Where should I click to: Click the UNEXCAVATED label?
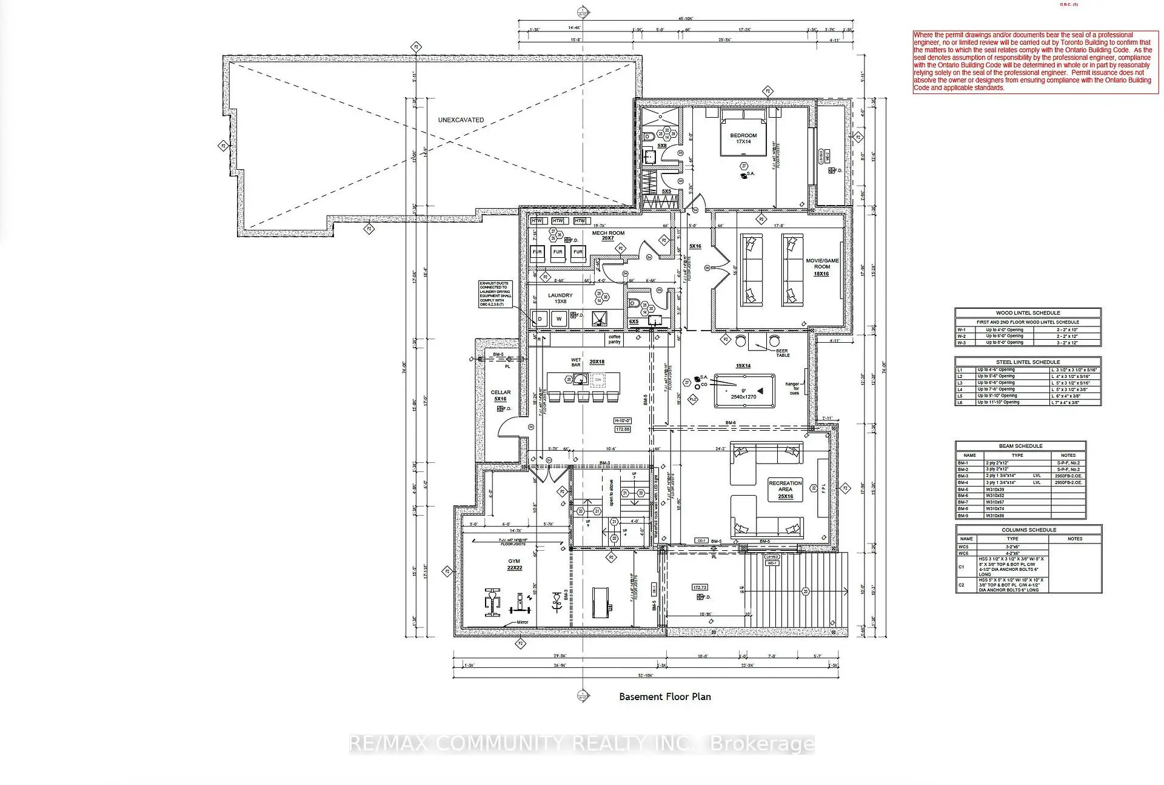click(461, 120)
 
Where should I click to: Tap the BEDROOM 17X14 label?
click(743, 138)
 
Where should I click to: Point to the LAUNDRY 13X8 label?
click(560, 298)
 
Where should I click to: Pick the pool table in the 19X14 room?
click(744, 389)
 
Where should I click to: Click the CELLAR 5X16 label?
click(501, 396)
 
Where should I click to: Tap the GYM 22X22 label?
click(514, 564)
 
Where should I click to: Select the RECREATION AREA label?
click(785, 490)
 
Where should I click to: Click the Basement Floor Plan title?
click(664, 696)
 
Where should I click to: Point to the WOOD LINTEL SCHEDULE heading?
click(1028, 313)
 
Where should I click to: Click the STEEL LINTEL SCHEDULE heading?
click(1028, 362)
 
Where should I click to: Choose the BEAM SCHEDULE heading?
click(1020, 446)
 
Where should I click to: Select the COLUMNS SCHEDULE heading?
click(1028, 530)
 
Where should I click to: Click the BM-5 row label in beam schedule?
click(963, 489)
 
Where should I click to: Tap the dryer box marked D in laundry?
click(540, 318)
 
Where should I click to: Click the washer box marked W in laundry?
click(559, 318)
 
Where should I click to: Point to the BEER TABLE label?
click(783, 353)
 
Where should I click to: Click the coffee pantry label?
click(615, 339)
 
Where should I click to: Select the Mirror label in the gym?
click(522, 622)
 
